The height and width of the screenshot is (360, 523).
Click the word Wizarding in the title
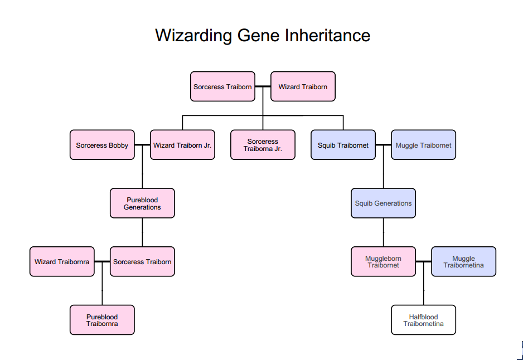click(193, 36)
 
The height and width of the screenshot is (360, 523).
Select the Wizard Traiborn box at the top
click(303, 86)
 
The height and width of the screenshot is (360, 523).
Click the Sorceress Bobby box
click(102, 145)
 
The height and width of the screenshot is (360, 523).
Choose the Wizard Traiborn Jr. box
click(182, 145)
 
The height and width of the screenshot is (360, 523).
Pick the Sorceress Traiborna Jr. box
click(263, 145)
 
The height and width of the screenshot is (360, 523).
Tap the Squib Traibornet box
click(343, 145)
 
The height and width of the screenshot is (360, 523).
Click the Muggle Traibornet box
click(424, 145)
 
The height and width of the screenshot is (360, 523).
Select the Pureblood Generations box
click(142, 203)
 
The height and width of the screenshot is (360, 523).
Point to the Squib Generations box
click(383, 203)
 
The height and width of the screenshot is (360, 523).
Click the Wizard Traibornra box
click(62, 262)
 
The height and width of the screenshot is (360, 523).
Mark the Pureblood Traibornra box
click(102, 320)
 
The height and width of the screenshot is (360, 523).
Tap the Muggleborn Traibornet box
click(383, 262)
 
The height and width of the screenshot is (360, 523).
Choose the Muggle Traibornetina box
click(464, 262)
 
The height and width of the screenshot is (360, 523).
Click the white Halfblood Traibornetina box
click(424, 320)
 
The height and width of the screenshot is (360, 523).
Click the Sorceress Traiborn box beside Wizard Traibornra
click(142, 262)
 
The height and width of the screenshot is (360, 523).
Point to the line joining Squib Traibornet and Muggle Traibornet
click(384, 145)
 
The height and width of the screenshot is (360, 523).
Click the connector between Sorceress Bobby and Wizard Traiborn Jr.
click(142, 145)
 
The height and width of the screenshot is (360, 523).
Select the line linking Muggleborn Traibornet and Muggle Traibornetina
click(424, 262)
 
